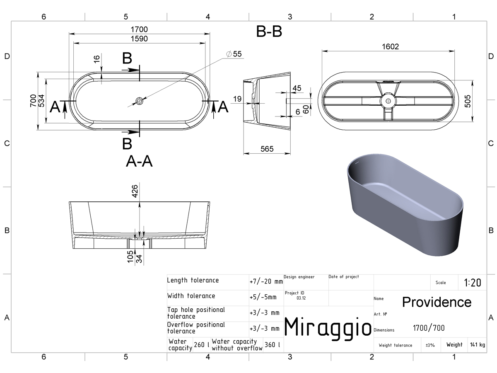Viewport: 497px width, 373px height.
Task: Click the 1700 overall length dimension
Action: click(x=139, y=29)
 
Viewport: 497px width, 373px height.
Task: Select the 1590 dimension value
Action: click(x=139, y=39)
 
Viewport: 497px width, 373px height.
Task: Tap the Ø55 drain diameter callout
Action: click(x=234, y=54)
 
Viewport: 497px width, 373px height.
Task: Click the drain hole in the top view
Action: click(x=139, y=101)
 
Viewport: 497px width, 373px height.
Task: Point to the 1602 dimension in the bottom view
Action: click(x=390, y=47)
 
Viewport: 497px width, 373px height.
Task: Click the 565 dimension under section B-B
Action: click(x=267, y=149)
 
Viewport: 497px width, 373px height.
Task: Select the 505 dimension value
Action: click(x=467, y=101)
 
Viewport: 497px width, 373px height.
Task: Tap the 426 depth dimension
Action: click(x=135, y=191)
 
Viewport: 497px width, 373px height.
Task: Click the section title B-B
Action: click(x=269, y=31)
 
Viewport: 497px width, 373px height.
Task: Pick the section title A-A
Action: click(x=139, y=161)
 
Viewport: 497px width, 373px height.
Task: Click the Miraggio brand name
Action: click(x=328, y=328)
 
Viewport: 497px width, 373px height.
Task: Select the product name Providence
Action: click(x=437, y=302)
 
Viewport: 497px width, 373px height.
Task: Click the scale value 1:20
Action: click(x=473, y=283)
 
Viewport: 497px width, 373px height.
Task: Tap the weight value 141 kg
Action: click(x=478, y=345)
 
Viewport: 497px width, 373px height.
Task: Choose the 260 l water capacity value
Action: click(x=202, y=345)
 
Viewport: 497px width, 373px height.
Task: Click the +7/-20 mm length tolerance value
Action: click(x=266, y=281)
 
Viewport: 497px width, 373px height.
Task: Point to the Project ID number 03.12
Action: click(x=301, y=298)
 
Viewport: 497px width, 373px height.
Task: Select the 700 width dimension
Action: click(x=33, y=101)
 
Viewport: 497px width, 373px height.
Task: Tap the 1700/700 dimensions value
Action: click(x=429, y=328)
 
